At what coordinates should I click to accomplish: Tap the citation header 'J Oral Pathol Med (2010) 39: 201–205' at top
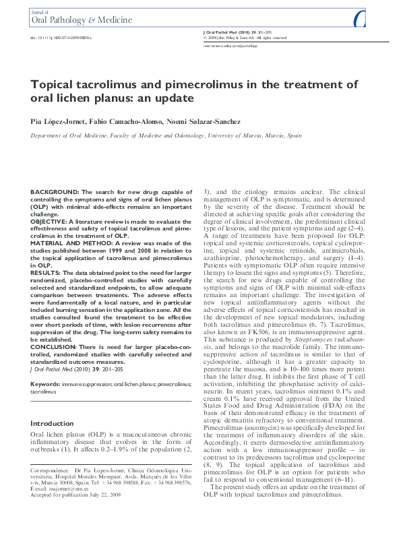(239, 32)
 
